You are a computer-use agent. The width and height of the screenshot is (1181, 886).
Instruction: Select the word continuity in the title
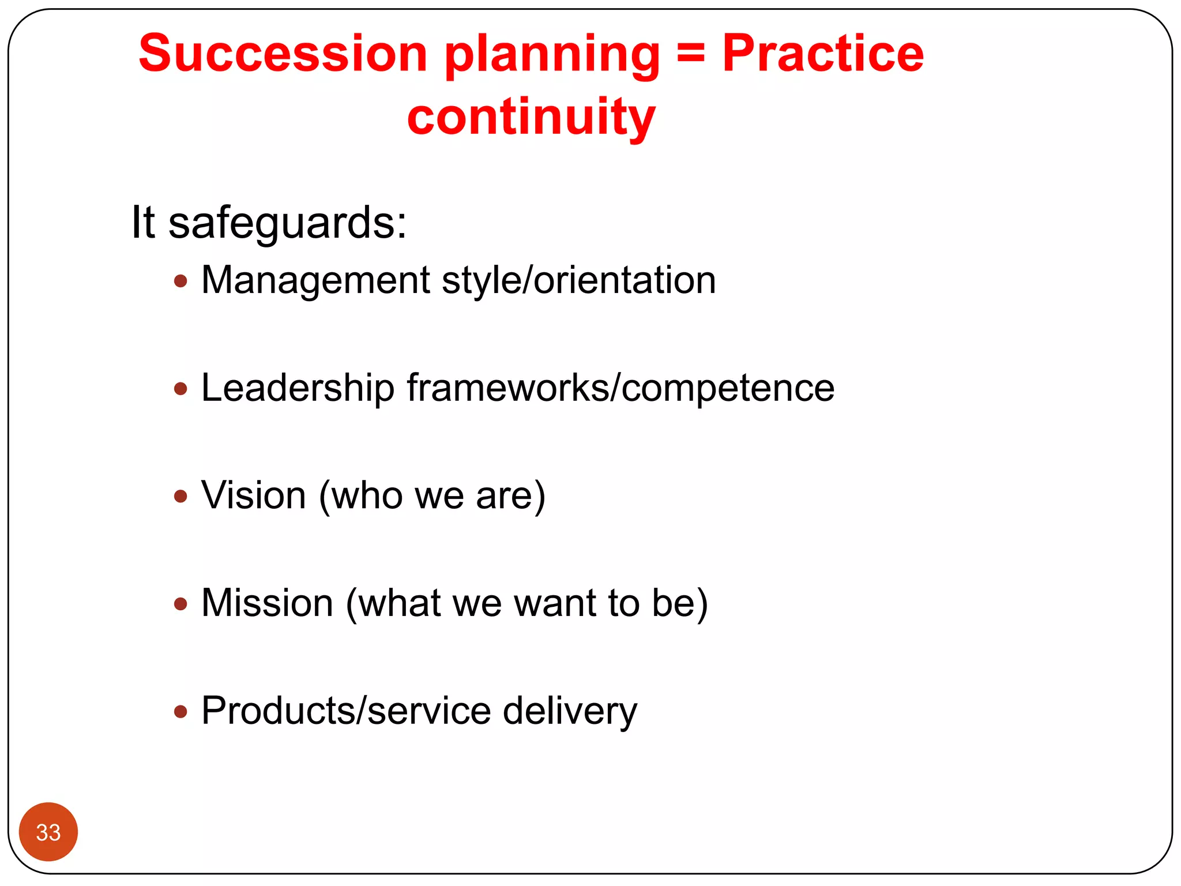[x=531, y=117]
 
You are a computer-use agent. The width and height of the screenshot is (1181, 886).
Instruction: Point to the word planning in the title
[x=552, y=57]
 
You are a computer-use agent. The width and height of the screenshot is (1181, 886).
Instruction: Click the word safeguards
[x=287, y=223]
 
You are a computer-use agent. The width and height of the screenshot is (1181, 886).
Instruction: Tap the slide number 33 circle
[x=48, y=832]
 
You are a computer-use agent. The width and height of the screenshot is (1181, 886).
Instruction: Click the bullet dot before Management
[x=180, y=281]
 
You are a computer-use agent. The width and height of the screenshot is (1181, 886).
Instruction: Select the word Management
[x=315, y=281]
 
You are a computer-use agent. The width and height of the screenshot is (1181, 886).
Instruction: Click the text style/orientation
[x=578, y=281]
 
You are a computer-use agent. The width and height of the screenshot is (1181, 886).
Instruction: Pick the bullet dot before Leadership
[x=180, y=389]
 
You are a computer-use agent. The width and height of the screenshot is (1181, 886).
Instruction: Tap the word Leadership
[x=298, y=388]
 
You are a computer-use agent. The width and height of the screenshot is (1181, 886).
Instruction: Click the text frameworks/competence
[x=620, y=388]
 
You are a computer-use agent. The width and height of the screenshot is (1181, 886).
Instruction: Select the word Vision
[x=254, y=495]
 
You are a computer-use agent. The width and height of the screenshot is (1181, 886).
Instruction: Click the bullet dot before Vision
[x=180, y=496]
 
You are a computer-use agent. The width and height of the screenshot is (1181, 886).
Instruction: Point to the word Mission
[x=268, y=603]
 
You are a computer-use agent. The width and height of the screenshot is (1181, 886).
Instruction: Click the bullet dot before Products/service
[x=180, y=711]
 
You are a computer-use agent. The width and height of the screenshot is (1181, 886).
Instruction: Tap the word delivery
[x=570, y=712]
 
